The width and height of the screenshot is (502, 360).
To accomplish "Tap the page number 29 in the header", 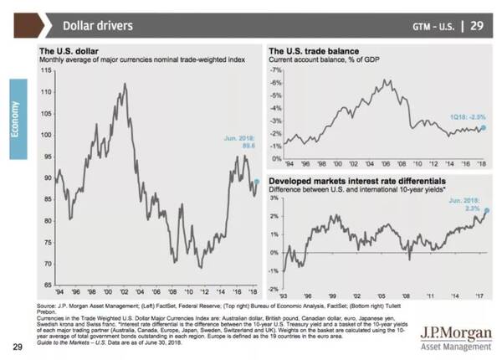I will (478, 25).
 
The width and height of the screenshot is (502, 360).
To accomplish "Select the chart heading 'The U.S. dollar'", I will (76, 51).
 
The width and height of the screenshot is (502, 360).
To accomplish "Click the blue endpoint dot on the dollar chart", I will (256, 180).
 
